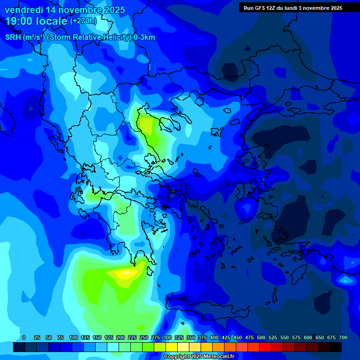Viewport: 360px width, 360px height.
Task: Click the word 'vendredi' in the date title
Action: tap(24, 10)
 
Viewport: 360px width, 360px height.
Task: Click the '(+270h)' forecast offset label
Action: tap(83, 21)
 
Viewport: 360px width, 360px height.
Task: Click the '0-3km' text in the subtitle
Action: tap(144, 37)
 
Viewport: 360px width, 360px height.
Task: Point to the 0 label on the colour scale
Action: tap(24, 337)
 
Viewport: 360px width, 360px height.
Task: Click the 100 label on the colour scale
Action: tap(74, 337)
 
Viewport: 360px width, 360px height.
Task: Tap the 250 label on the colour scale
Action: tap(144, 337)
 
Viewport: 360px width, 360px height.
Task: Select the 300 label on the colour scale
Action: tap(167, 337)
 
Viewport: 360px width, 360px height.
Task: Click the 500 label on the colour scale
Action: tap(261, 337)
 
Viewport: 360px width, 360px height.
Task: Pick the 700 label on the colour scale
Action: tap(343, 337)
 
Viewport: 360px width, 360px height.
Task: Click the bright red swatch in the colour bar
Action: tap(265, 347)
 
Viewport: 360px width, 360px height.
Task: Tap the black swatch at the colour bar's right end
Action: tap(336, 347)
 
